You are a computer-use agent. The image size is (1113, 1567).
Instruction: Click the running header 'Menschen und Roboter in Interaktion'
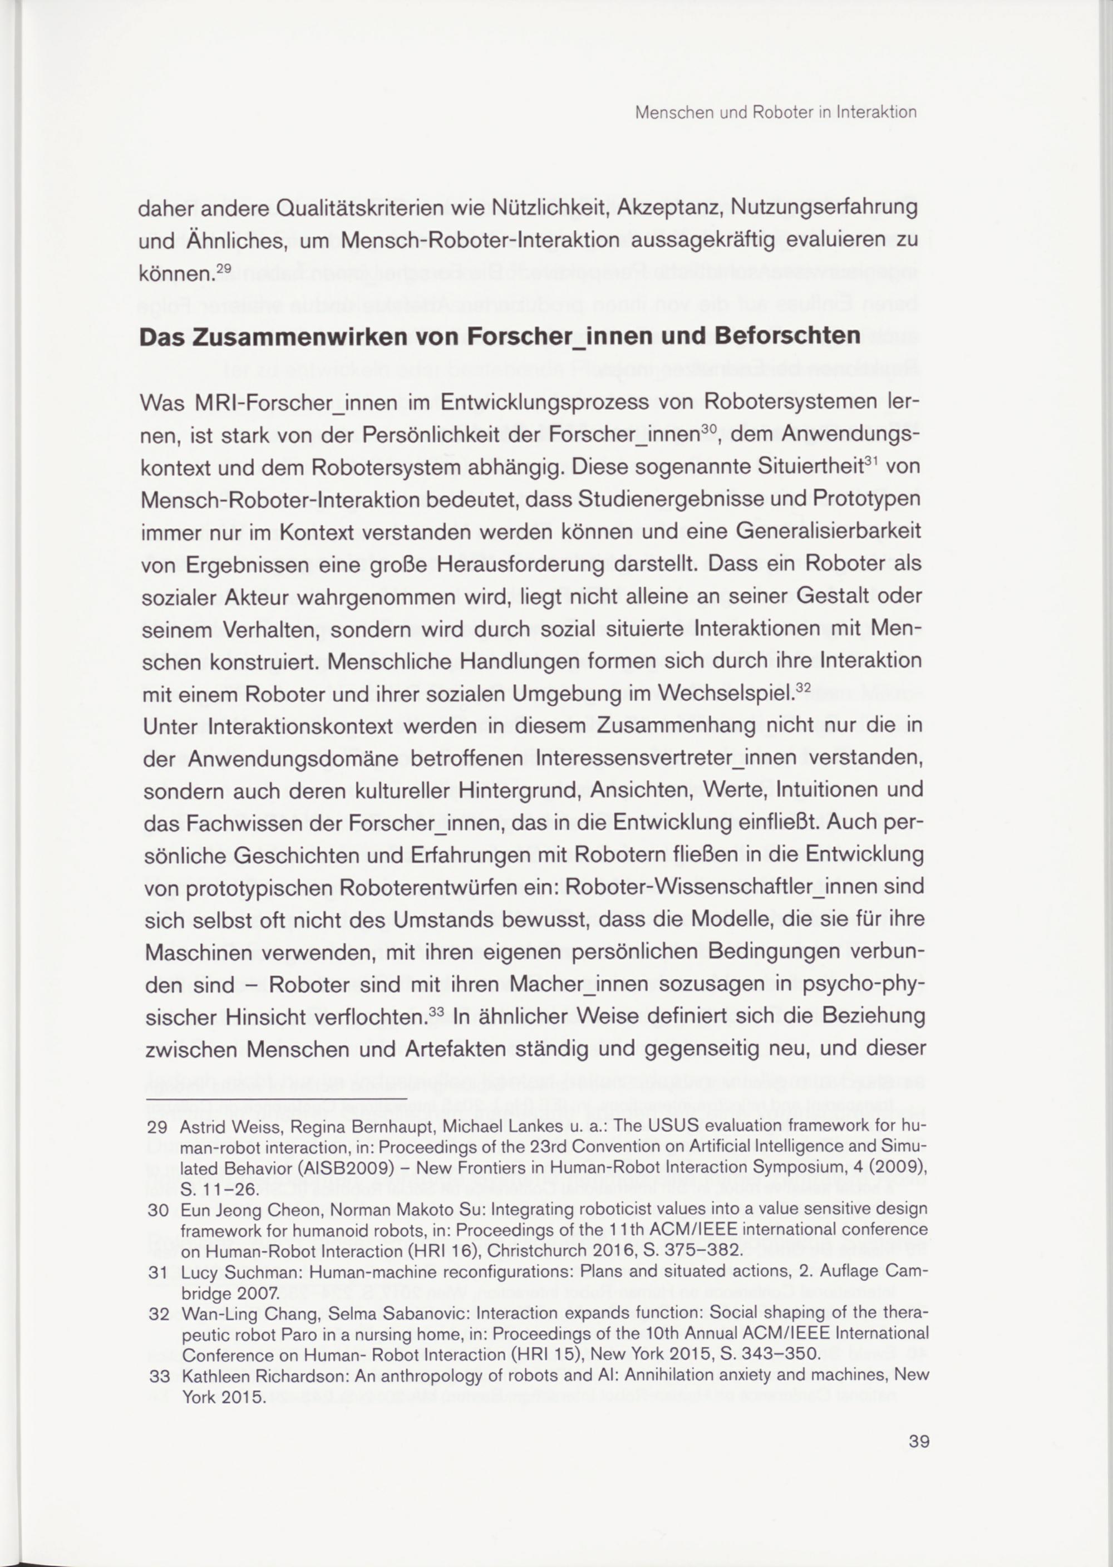pyautogui.click(x=776, y=112)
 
